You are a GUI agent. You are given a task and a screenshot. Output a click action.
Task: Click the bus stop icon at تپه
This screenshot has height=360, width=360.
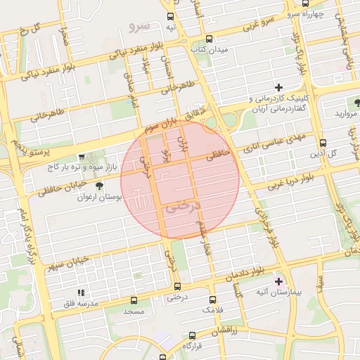170,15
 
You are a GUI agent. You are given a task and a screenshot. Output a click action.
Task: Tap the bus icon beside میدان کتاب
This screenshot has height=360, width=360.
209,39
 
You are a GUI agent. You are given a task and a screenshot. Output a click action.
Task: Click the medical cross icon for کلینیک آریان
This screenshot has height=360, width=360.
278,87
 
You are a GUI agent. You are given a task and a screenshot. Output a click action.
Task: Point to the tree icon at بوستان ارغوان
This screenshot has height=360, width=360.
98,186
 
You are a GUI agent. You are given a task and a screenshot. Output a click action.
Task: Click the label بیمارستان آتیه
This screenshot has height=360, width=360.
300,290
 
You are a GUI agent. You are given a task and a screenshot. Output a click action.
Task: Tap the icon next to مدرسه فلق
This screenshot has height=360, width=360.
81,292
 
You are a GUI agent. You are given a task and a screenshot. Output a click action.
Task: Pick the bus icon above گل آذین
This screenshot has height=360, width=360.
323,143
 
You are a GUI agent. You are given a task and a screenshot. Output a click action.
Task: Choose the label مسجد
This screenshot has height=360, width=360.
134,310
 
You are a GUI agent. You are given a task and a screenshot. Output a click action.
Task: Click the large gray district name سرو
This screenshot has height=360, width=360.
140,25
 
